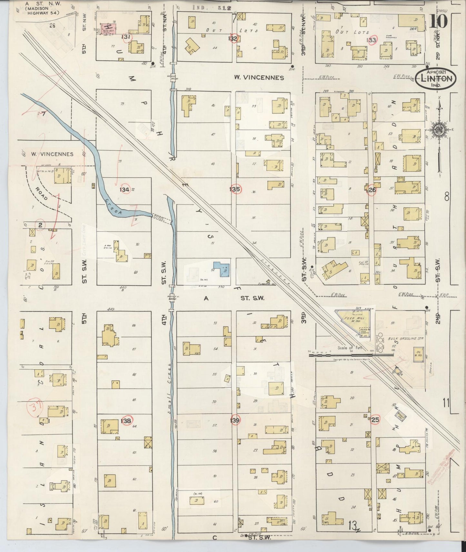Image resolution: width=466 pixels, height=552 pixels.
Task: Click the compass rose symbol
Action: [x=439, y=129]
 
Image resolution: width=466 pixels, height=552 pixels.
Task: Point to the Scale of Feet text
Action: [x=350, y=348]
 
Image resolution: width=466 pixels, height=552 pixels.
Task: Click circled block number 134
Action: [x=124, y=190]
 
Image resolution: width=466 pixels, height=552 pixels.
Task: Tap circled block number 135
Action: [x=234, y=189]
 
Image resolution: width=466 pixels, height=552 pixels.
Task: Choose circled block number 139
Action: [x=235, y=420]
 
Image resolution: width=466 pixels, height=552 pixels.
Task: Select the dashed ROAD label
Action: [x=41, y=193]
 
